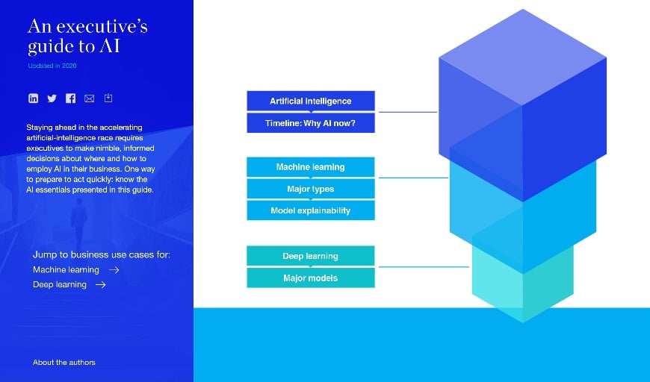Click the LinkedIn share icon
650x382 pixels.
tap(33, 98)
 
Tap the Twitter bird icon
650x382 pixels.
tap(52, 98)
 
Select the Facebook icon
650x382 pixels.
tap(70, 98)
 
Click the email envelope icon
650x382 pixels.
tap(90, 98)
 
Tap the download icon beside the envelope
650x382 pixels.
tap(108, 98)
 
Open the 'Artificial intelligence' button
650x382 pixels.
tap(310, 101)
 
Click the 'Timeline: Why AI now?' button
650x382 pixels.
tap(310, 123)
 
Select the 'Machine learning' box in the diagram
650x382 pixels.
tap(310, 166)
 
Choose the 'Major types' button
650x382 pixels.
tap(310, 189)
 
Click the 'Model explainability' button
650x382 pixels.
tap(310, 210)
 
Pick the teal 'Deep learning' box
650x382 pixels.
tap(310, 256)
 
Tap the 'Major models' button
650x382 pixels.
tap(310, 278)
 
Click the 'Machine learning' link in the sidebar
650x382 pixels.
tap(66, 270)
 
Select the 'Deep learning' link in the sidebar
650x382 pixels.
tap(60, 285)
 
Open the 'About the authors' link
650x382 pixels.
tap(64, 363)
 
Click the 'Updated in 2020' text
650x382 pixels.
tap(52, 66)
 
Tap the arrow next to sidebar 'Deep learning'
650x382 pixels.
tap(100, 285)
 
